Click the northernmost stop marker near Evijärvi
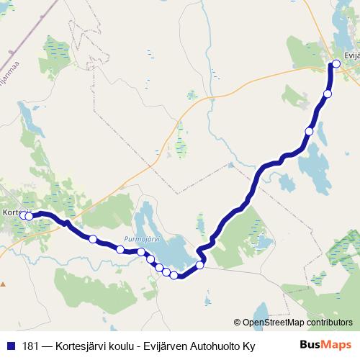(x=336, y=64)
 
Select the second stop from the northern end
(x=328, y=94)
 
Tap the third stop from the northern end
(x=309, y=131)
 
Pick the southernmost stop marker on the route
(x=174, y=275)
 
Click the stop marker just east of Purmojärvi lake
(x=200, y=264)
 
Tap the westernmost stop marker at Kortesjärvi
(x=23, y=215)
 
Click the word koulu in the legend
(x=125, y=346)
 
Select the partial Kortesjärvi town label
(x=14, y=213)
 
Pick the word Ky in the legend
(x=248, y=346)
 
